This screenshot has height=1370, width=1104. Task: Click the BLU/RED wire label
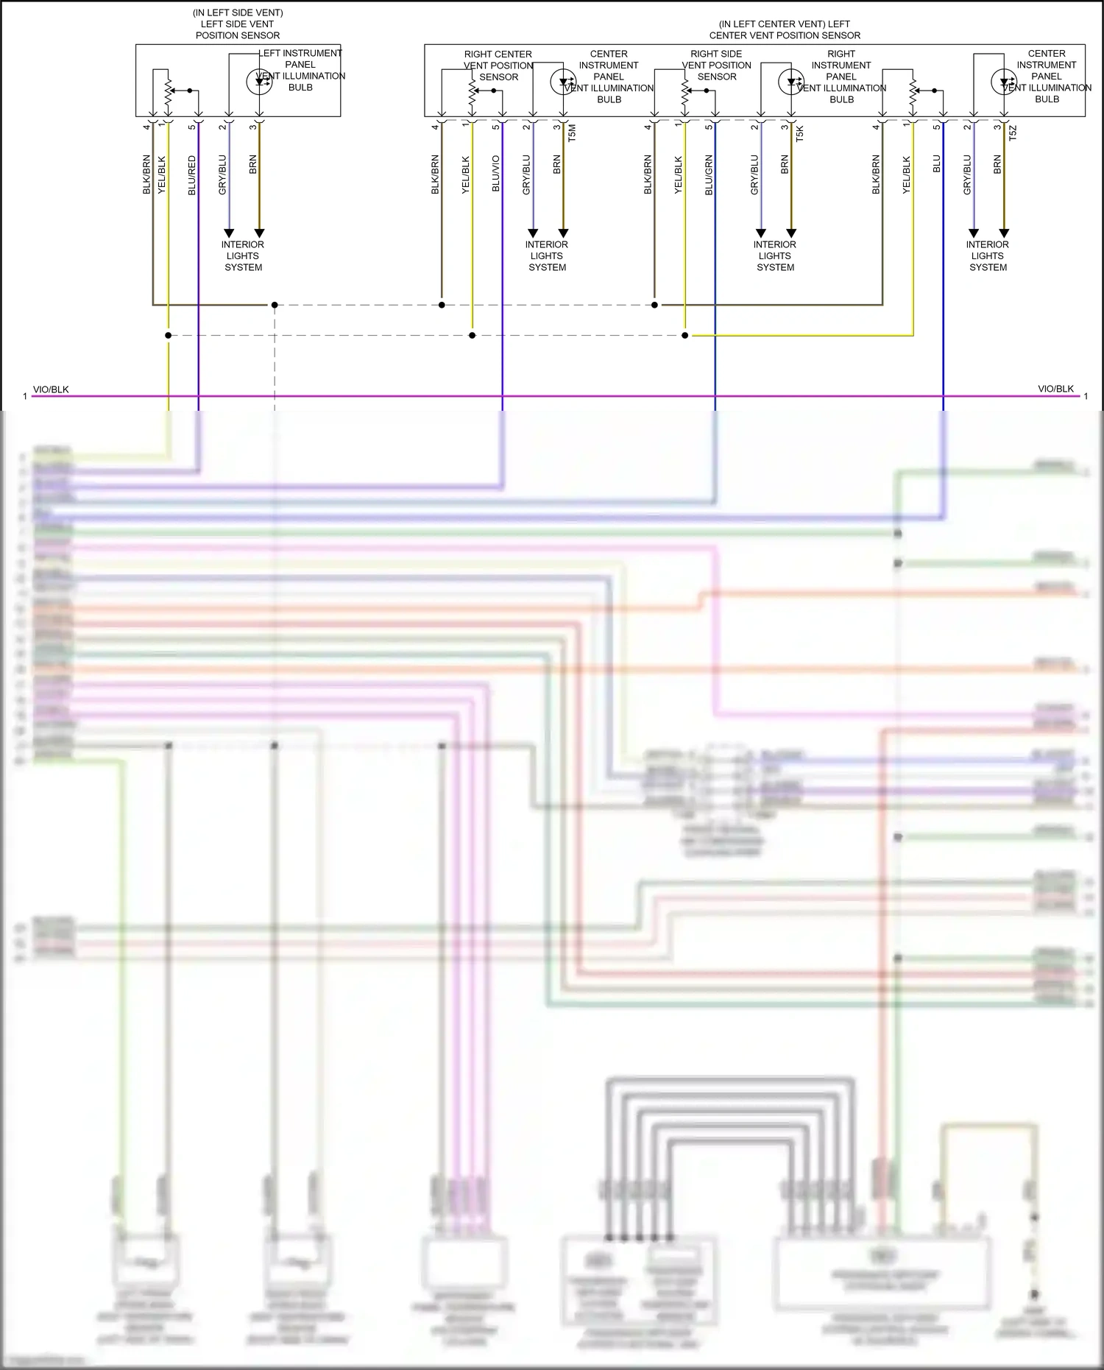coord(192,175)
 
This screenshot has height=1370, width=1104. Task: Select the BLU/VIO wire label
coord(496,174)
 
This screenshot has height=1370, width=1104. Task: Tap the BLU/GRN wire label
coord(709,174)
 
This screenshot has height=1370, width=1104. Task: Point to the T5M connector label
coord(573,133)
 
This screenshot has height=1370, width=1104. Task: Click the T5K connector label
coord(800,133)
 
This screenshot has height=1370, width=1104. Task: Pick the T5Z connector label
coord(1013,133)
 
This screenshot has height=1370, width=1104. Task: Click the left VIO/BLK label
coord(51,389)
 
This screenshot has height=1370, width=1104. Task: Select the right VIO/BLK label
coord(1055,389)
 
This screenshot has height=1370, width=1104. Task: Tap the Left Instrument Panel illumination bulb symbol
coord(259,81)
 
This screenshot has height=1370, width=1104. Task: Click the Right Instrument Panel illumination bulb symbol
coord(791,81)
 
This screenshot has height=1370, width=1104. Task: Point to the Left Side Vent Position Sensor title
coord(238,24)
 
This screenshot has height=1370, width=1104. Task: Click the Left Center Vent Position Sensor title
coord(785,29)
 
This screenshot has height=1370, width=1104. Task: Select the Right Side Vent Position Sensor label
coord(716,65)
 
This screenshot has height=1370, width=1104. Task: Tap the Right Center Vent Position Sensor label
coord(498,65)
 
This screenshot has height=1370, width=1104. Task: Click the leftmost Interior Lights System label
coord(243,255)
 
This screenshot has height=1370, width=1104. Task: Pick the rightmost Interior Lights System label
coord(988,255)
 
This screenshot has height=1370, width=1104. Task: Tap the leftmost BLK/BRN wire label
coord(146,174)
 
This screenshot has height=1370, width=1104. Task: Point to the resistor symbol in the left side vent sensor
coord(169,91)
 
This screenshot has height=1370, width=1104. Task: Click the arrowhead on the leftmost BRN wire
coord(259,233)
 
